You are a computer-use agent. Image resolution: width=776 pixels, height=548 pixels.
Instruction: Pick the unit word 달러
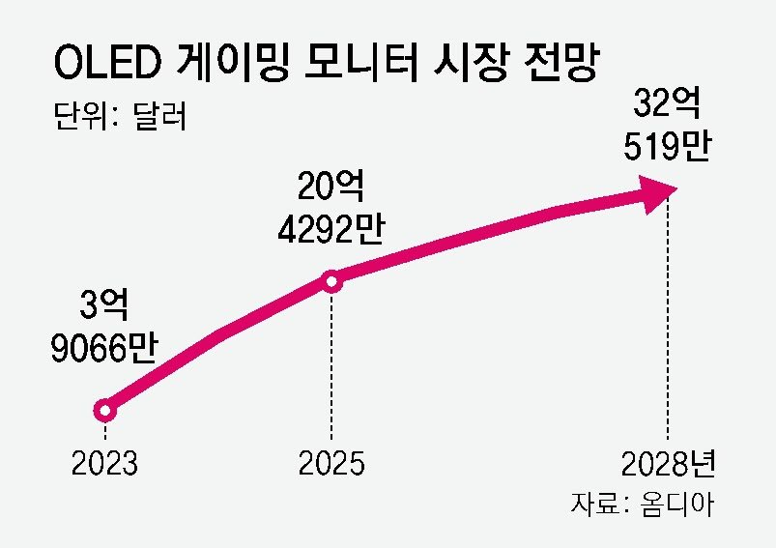tap(155, 116)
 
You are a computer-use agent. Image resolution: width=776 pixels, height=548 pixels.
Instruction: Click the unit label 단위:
tap(84, 116)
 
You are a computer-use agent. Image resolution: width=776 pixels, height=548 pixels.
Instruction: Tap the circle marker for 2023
tap(104, 411)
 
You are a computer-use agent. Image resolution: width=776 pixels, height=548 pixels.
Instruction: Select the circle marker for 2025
tap(331, 281)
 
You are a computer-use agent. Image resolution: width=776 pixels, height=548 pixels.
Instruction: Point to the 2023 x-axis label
tap(104, 465)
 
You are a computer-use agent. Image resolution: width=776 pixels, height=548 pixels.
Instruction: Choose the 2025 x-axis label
tap(331, 465)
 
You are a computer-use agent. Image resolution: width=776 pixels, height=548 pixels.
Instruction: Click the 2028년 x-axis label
tap(668, 465)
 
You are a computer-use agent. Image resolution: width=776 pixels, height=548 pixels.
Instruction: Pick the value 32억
tap(667, 102)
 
